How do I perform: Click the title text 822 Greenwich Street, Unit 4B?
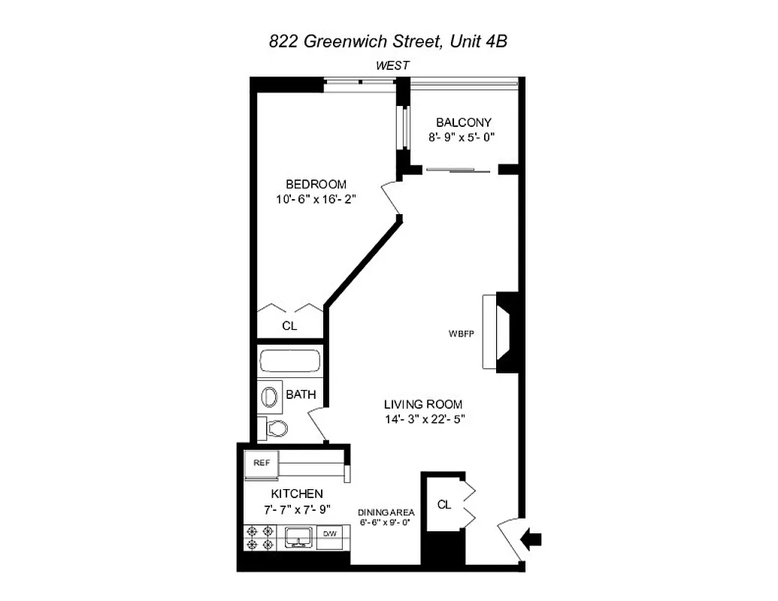click(388, 42)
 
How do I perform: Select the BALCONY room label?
click(464, 122)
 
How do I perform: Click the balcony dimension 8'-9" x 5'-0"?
click(462, 137)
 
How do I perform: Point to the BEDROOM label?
click(316, 184)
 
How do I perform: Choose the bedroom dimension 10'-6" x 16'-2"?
click(316, 200)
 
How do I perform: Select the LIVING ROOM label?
click(423, 404)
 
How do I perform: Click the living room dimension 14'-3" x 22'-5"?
click(423, 420)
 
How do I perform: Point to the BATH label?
click(301, 394)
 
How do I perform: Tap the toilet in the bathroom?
click(274, 429)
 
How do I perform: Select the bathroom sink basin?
click(268, 395)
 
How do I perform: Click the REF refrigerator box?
click(262, 464)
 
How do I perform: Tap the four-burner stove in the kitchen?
click(259, 538)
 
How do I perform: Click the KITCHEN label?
click(297, 494)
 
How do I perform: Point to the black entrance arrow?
click(532, 538)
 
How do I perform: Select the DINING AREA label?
click(386, 511)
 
